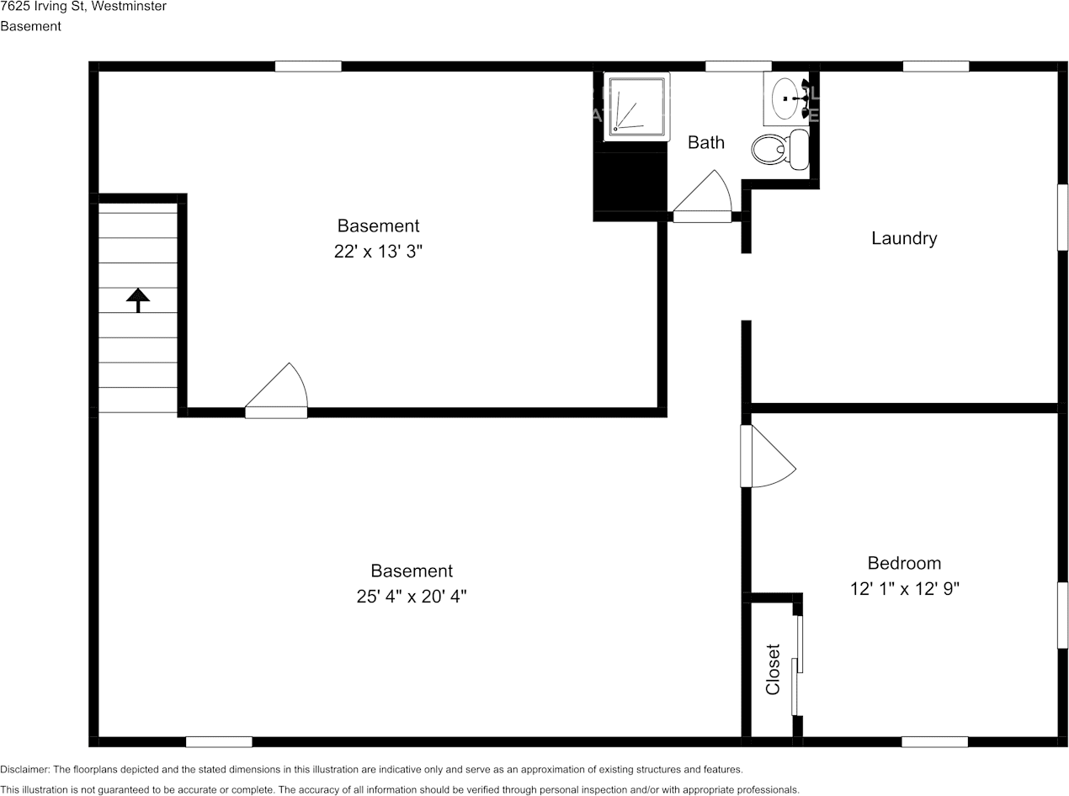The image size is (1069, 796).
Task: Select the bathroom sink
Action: [x=787, y=99]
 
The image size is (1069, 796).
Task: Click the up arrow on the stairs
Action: [x=138, y=299]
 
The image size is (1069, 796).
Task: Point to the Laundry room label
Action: [x=903, y=238]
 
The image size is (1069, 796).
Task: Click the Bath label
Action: [x=705, y=142]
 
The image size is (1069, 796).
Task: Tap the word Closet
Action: [x=773, y=669]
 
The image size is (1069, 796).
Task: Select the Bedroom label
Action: [x=904, y=563]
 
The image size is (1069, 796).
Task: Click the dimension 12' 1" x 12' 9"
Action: [x=904, y=588]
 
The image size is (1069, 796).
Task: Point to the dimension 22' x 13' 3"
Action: [x=378, y=251]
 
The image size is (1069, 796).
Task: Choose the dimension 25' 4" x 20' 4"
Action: [x=411, y=596]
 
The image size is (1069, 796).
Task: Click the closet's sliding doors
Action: [x=797, y=665]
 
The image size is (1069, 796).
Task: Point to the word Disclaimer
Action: [x=24, y=769]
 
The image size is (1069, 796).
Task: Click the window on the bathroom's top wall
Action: [x=738, y=66]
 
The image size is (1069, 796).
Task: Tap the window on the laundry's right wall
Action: [x=1062, y=217]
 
